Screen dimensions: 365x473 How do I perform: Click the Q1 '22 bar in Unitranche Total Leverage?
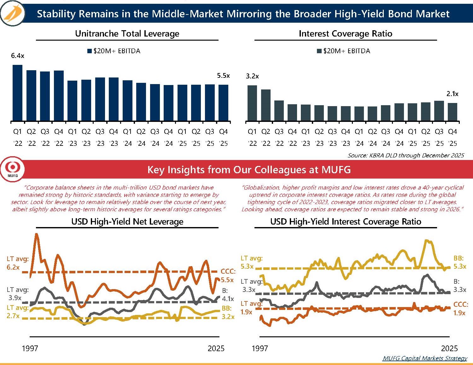coord(17,93)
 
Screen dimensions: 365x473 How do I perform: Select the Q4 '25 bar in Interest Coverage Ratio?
coord(453,112)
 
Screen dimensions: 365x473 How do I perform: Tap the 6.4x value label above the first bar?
coord(18,56)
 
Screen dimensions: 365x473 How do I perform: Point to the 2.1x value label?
coord(452,94)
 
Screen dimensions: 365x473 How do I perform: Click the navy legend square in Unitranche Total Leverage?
coord(90,51)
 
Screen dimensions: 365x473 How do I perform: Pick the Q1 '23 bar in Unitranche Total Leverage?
coord(72,101)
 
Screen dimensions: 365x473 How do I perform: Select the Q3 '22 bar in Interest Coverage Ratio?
coord(279,111)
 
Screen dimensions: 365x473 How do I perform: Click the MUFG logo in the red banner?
coord(12,169)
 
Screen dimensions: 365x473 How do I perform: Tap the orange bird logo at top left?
coord(13,13)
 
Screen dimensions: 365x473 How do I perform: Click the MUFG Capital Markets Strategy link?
coord(425,358)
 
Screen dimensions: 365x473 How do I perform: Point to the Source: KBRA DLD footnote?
coord(406,155)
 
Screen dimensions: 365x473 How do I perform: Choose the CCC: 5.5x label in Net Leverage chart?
coord(228,276)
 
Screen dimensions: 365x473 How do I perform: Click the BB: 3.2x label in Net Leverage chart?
coord(228,312)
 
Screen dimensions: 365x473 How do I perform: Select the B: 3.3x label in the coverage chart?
coord(459,285)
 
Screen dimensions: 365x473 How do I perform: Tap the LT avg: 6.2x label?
coord(18,263)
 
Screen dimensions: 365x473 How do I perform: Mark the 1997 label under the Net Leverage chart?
coord(30,348)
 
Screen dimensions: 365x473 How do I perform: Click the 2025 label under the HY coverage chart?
coord(449,348)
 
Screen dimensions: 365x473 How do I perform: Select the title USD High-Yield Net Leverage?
coord(127,222)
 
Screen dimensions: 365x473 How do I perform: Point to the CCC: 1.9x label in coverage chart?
coord(460,309)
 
